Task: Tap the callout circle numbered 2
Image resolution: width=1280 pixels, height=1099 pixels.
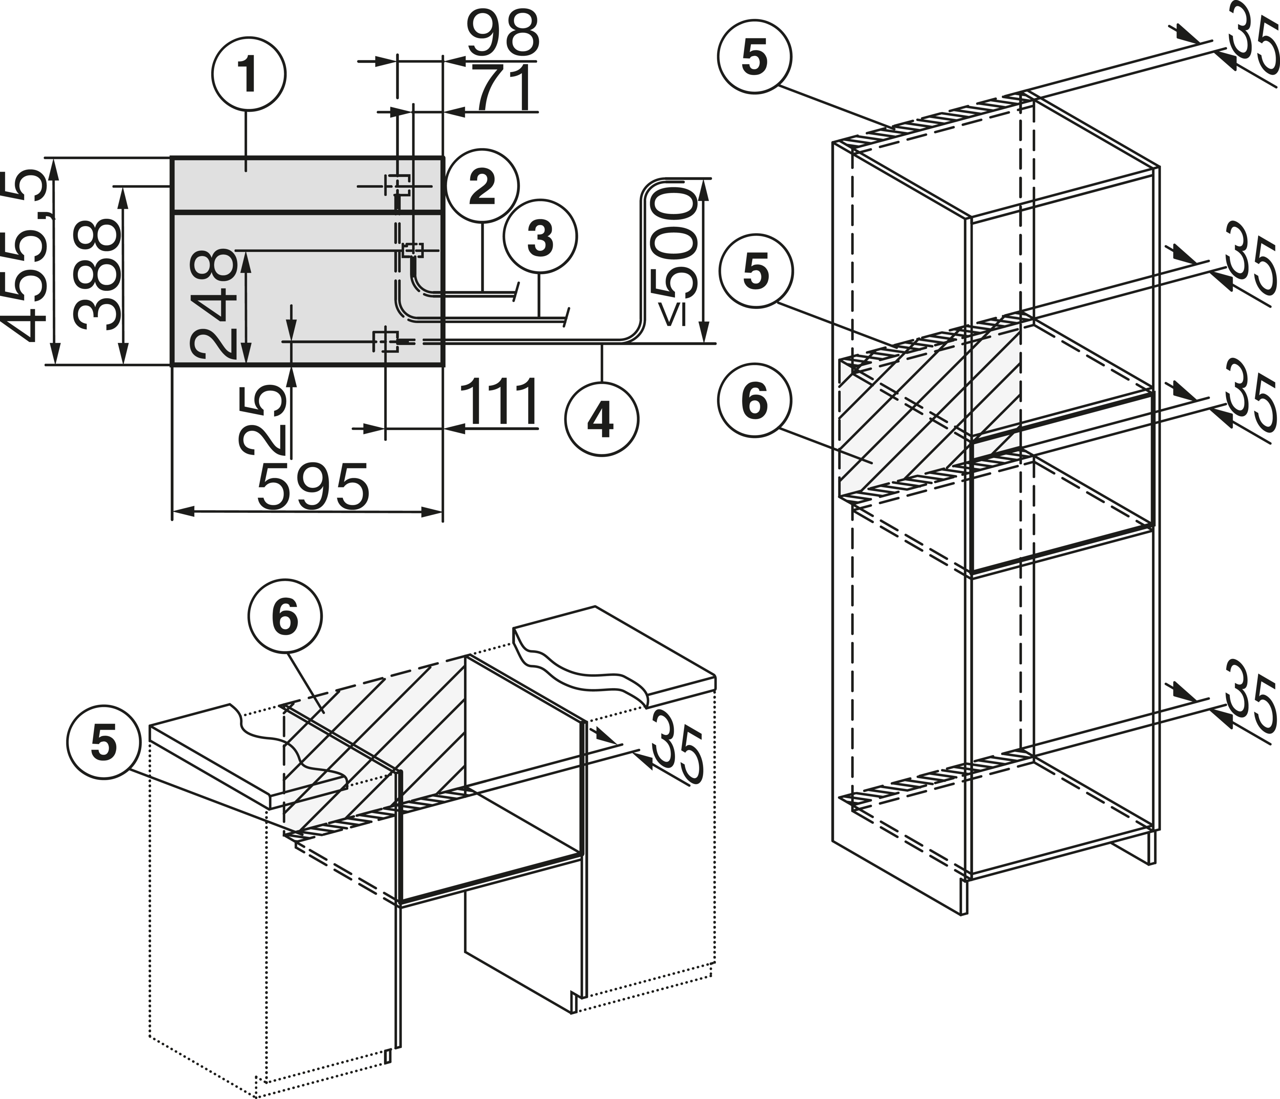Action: click(x=483, y=185)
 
